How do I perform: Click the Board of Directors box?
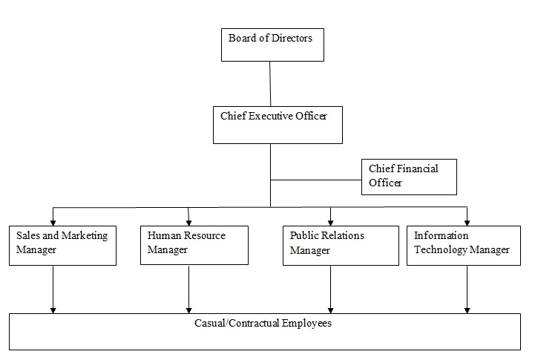tap(272, 45)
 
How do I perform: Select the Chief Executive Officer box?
tap(278, 125)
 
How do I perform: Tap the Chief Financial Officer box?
tap(409, 177)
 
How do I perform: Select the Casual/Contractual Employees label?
tap(263, 324)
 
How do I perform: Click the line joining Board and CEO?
tap(270, 84)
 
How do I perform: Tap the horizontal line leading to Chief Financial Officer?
tap(316, 179)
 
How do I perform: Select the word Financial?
tap(419, 168)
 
